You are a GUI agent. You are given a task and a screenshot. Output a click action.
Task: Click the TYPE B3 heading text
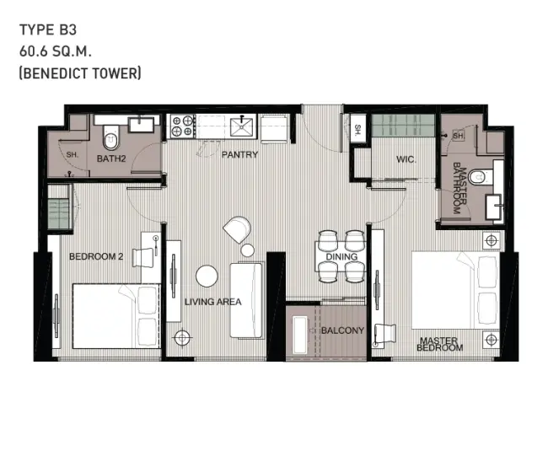click(x=48, y=30)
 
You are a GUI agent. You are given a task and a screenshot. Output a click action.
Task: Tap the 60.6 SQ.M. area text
click(x=55, y=51)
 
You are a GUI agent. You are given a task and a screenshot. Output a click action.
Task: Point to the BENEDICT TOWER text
click(x=80, y=73)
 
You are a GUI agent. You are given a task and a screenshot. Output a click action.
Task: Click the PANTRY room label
click(x=239, y=154)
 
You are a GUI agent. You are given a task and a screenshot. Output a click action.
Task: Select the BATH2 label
click(x=111, y=158)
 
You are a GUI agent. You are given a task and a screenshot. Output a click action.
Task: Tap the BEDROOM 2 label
click(x=96, y=256)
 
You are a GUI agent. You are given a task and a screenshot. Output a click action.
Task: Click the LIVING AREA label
click(x=212, y=302)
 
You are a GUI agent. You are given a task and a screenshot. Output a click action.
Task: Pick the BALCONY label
click(x=342, y=330)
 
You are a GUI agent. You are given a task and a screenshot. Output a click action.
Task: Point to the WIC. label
click(x=406, y=159)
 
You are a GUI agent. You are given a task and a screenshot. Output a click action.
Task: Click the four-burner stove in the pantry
click(x=182, y=126)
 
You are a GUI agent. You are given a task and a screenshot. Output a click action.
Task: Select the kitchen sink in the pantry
click(x=241, y=126)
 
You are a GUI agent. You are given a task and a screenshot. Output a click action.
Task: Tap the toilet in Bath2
click(x=111, y=138)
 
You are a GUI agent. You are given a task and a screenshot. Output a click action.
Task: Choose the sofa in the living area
click(x=246, y=301)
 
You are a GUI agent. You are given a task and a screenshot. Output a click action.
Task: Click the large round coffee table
click(x=207, y=276)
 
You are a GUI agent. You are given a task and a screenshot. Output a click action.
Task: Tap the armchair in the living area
click(x=238, y=229)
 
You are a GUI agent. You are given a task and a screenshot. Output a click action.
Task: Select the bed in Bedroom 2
click(x=116, y=316)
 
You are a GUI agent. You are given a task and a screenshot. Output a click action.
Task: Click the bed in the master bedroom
click(x=456, y=290)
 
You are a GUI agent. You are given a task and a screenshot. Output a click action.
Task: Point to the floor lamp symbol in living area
click(x=182, y=337)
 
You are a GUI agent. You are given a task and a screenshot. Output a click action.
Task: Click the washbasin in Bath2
click(x=141, y=125)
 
